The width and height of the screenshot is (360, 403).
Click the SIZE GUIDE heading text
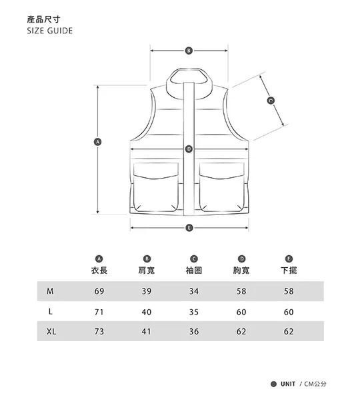click(x=49, y=31)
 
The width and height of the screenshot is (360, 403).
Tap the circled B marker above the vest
click(x=189, y=51)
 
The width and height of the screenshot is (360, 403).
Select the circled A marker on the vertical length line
click(x=97, y=142)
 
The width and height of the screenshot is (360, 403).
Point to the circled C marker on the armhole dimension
click(x=271, y=100)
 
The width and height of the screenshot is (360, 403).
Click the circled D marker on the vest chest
click(x=189, y=149)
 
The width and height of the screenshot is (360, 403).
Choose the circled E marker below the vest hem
click(x=189, y=228)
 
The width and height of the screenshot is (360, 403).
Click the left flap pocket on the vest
click(x=156, y=187)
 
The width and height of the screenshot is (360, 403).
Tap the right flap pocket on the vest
click(x=222, y=187)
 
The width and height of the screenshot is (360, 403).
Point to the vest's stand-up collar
click(x=189, y=83)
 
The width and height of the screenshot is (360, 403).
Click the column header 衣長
click(x=99, y=270)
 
